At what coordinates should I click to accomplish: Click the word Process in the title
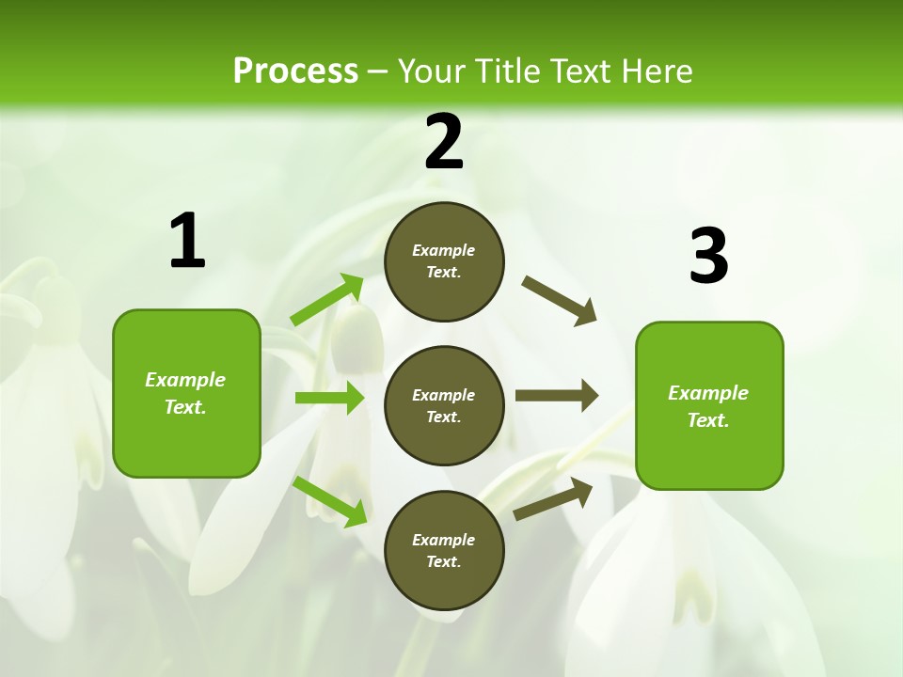(295, 71)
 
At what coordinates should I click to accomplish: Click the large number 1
(187, 242)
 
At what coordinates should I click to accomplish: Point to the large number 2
(444, 142)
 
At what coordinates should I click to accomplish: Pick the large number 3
(708, 257)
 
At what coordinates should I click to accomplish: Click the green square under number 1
(186, 393)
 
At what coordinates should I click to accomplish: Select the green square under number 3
(709, 405)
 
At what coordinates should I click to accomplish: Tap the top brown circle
(444, 261)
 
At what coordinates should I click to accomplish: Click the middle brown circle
(444, 405)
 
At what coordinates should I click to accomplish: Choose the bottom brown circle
(444, 550)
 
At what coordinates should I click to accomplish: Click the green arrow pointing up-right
(327, 300)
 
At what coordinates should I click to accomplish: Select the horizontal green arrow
(329, 398)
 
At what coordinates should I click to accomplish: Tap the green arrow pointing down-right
(329, 501)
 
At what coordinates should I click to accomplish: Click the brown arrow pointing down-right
(559, 300)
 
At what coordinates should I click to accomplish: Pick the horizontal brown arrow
(556, 396)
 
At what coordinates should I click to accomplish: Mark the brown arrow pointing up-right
(553, 498)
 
